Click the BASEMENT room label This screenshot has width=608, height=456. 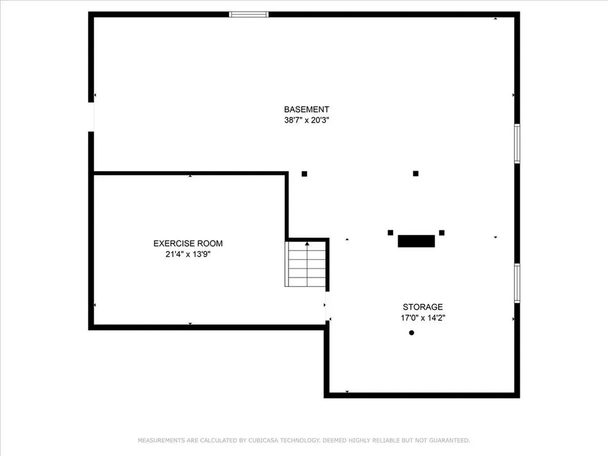306,109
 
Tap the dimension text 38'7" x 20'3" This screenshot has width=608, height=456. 306,120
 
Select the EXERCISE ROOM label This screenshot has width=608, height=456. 188,243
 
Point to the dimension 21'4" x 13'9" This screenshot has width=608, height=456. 188,254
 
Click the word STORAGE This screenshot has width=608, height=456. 423,307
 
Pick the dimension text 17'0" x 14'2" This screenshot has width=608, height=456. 423,318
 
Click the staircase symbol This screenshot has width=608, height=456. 307,264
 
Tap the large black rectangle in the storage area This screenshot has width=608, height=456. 416,241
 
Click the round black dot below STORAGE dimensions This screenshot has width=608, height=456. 411,333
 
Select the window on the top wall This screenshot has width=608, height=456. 249,14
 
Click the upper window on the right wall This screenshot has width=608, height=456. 517,143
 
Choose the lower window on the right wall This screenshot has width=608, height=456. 517,283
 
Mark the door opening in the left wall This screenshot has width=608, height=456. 91,116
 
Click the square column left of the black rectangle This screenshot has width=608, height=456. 391,232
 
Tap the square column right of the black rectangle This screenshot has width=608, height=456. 442,232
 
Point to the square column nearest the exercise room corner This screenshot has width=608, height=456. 305,174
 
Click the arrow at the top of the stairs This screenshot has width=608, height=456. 307,244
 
